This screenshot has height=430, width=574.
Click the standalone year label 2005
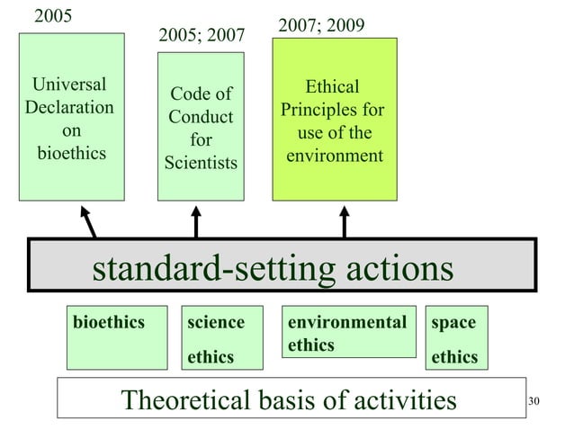[54, 16]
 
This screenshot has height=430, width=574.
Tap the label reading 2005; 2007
[201, 36]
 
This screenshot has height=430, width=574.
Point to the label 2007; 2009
[321, 25]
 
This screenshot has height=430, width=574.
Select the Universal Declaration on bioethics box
[72, 117]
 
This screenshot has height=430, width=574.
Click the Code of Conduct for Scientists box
[201, 126]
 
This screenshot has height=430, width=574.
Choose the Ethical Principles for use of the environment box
[334, 119]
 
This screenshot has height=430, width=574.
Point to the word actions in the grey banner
[394, 268]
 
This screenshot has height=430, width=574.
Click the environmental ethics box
[347, 333]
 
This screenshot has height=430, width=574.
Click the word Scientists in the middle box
[201, 163]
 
